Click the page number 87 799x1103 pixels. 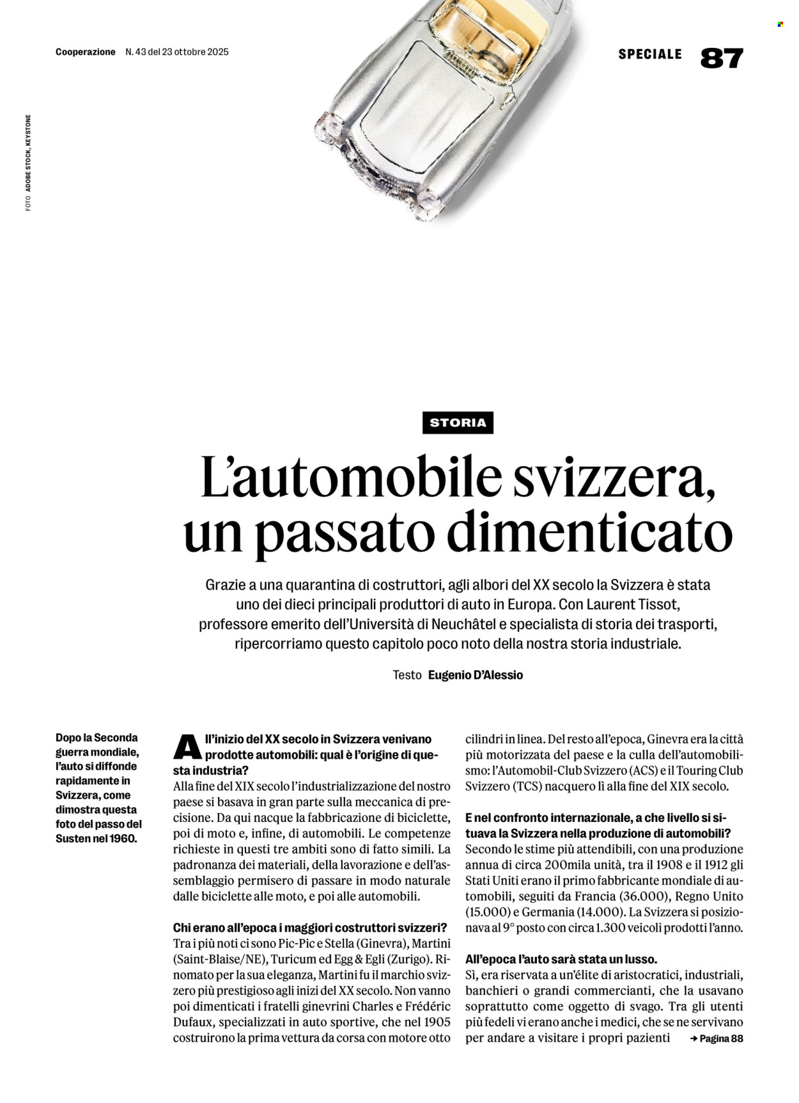pyautogui.click(x=722, y=58)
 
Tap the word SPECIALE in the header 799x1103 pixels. pyautogui.click(x=650, y=54)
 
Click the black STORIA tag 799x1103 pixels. pyautogui.click(x=458, y=422)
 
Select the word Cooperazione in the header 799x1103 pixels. pyautogui.click(x=86, y=52)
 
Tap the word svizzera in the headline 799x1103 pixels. pyautogui.click(x=613, y=477)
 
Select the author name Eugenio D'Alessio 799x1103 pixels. pyautogui.click(x=476, y=675)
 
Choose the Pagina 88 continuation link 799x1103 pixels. pyautogui.click(x=717, y=1038)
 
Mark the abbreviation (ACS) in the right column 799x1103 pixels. pyautogui.click(x=644, y=771)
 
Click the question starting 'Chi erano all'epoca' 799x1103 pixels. pyautogui.click(x=310, y=927)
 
